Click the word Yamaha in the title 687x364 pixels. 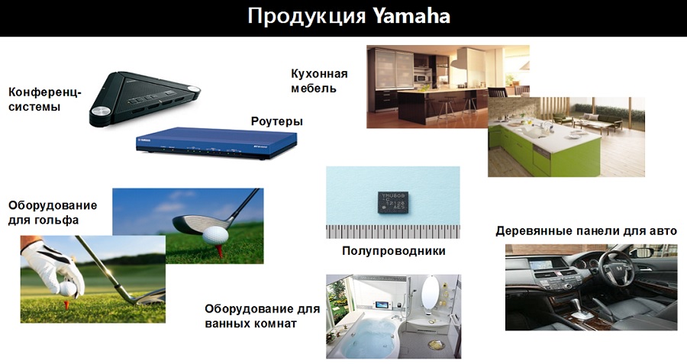[412, 17]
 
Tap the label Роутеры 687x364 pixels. [277, 121]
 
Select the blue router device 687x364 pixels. [217, 143]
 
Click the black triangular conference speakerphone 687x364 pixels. [144, 98]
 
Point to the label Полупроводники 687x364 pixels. [393, 251]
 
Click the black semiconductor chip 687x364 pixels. [393, 202]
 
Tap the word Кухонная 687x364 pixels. [319, 73]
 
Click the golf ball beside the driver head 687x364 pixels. [215, 235]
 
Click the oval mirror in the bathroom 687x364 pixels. [431, 293]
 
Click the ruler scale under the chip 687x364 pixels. [393, 232]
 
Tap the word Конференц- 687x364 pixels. [45, 92]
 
